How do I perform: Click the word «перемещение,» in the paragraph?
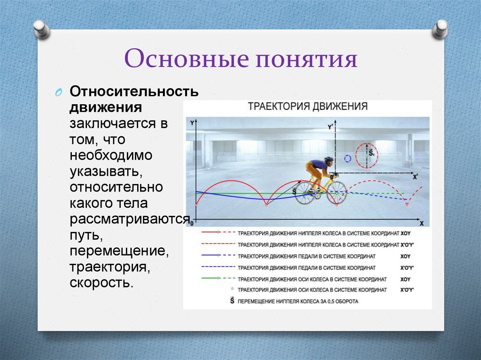pos(119,251)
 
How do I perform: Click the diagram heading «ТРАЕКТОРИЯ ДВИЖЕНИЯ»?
pos(308,106)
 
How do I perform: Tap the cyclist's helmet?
pos(329,160)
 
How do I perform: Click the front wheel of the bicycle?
pos(336,192)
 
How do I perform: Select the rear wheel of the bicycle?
pos(305,193)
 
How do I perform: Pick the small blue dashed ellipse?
pos(348,159)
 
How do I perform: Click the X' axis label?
pos(415,177)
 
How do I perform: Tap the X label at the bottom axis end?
pos(421,223)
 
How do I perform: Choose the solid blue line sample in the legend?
pos(209,256)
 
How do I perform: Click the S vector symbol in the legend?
pos(232,300)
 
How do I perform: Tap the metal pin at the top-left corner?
pos(41,29)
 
